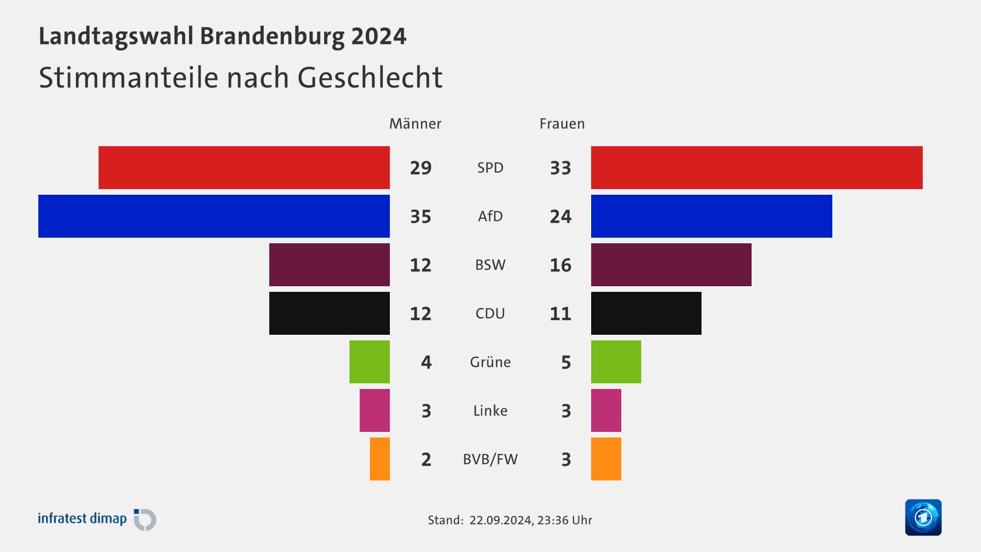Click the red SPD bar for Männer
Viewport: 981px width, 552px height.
[x=244, y=168]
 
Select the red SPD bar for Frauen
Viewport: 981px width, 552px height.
[x=757, y=168]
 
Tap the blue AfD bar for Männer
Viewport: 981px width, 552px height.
[x=214, y=216]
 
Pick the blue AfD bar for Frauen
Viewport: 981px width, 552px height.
[x=711, y=216]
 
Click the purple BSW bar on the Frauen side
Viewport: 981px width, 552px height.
[x=671, y=265]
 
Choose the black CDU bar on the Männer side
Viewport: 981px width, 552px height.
[x=329, y=313]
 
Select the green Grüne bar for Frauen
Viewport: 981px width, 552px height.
[x=616, y=362]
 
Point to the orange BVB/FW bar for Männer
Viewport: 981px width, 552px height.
[x=380, y=459]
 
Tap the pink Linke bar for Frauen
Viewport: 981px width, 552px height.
[x=606, y=410]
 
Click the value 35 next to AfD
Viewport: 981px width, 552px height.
[x=421, y=217]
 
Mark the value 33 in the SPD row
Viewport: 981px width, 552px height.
[x=560, y=168]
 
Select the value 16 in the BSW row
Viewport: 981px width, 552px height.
[x=560, y=265]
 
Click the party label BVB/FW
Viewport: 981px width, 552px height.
[x=490, y=459]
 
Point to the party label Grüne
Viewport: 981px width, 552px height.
[x=490, y=362]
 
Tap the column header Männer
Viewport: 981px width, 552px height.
[x=415, y=124]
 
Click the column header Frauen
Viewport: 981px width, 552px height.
[x=562, y=124]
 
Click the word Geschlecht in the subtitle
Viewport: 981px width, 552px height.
[x=369, y=78]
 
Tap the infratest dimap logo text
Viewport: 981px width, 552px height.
[x=82, y=519]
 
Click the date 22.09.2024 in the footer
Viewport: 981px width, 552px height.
[x=501, y=520]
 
